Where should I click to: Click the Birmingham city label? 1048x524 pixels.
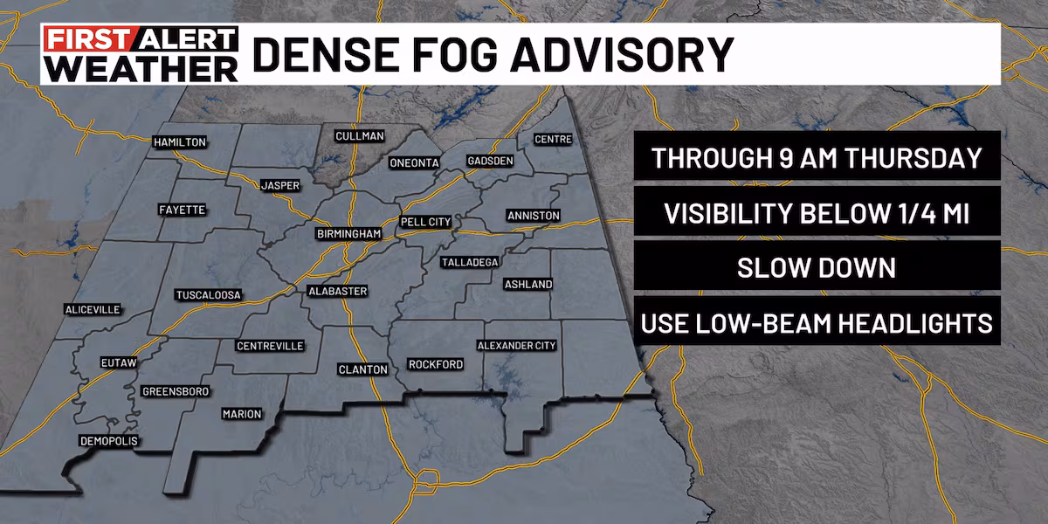pyautogui.click(x=349, y=235)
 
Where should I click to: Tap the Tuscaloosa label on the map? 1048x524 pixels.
pyautogui.click(x=208, y=294)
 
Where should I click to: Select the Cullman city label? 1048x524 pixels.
pyautogui.click(x=360, y=136)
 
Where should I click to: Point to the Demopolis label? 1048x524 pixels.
pyautogui.click(x=108, y=440)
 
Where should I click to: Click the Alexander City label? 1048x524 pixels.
pyautogui.click(x=516, y=346)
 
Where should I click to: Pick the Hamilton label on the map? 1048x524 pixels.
pyautogui.click(x=179, y=142)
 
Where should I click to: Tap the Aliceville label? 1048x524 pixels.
pyautogui.click(x=92, y=310)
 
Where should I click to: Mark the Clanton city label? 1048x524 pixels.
pyautogui.click(x=362, y=370)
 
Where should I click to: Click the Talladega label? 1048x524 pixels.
pyautogui.click(x=469, y=263)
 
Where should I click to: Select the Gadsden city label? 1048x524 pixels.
pyautogui.click(x=490, y=162)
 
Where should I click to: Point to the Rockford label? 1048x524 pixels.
pyautogui.click(x=436, y=364)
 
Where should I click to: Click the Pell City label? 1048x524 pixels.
pyautogui.click(x=426, y=223)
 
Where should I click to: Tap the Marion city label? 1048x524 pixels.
pyautogui.click(x=242, y=414)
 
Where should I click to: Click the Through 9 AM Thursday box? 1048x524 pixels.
pyautogui.click(x=817, y=159)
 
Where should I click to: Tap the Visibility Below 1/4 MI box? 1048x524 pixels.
pyautogui.click(x=817, y=214)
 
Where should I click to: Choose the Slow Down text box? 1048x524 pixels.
pyautogui.click(x=817, y=268)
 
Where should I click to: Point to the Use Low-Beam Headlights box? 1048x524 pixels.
pyautogui.click(x=817, y=323)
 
